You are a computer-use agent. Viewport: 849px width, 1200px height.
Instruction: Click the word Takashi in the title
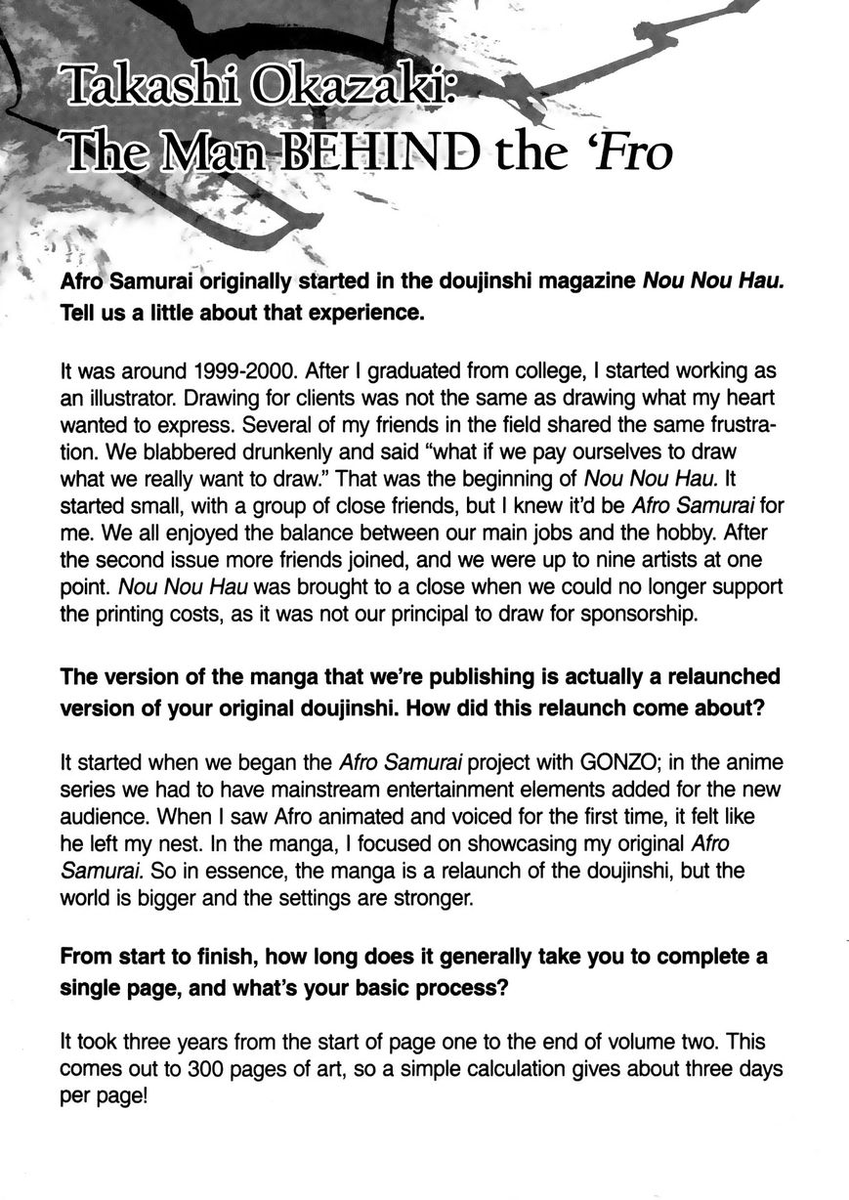pyautogui.click(x=147, y=95)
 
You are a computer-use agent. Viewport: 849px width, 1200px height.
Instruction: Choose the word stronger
pyautogui.click(x=429, y=897)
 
